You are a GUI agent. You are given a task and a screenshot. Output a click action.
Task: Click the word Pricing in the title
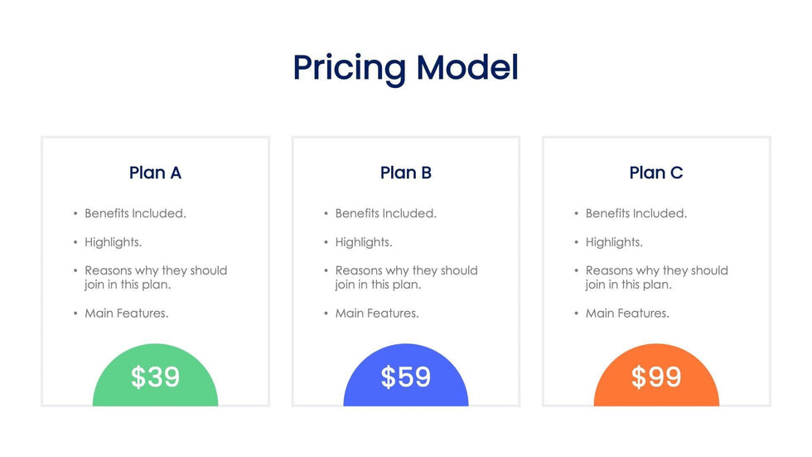(350, 68)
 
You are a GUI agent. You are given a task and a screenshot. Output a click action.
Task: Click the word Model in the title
(467, 67)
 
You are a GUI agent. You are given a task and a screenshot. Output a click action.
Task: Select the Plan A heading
(156, 173)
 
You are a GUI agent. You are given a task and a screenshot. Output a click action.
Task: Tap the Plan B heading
(406, 173)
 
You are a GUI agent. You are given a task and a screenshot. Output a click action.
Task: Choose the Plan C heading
(656, 173)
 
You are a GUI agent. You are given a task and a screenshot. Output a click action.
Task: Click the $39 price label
(156, 377)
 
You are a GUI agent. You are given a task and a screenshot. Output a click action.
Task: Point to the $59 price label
(406, 377)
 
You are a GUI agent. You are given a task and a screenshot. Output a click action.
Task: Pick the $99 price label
(656, 377)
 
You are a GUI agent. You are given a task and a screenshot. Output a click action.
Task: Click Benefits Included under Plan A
(136, 213)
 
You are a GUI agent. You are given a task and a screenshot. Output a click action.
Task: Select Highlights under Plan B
(364, 242)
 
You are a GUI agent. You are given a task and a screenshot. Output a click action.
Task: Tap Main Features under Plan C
(628, 314)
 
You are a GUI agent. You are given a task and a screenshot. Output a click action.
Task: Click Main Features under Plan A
(127, 314)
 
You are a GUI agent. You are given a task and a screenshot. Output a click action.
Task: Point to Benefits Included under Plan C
(636, 213)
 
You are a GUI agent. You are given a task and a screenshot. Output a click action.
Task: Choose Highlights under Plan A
(114, 242)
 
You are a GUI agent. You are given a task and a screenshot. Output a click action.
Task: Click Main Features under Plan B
(377, 314)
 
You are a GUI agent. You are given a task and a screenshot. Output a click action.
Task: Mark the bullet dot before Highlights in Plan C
(577, 242)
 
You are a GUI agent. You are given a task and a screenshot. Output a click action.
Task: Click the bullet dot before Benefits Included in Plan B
(326, 213)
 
